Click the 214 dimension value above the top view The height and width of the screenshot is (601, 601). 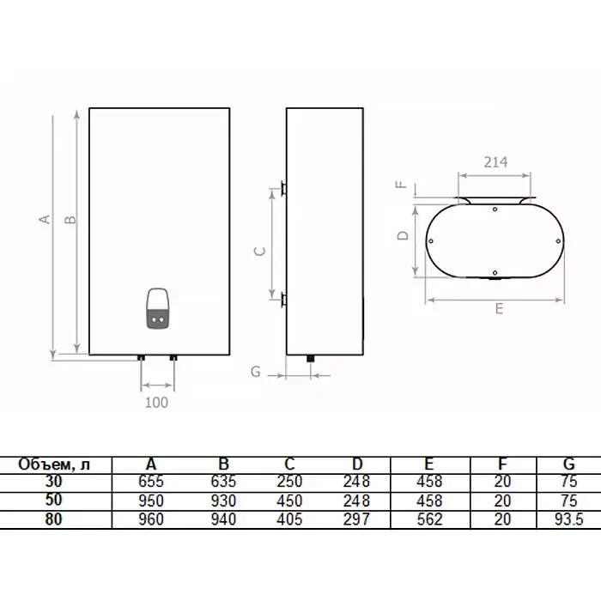[495, 162]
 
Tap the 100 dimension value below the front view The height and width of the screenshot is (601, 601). [156, 403]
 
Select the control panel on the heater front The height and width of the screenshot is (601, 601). [157, 308]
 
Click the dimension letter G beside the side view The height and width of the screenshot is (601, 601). [256, 372]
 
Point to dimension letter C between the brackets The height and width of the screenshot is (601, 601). [260, 251]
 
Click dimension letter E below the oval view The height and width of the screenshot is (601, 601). [499, 308]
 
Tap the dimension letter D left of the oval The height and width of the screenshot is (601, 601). [403, 235]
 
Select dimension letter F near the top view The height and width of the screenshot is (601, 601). [401, 185]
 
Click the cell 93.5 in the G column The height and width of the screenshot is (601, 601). [568, 519]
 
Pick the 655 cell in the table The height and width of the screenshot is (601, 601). [151, 482]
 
